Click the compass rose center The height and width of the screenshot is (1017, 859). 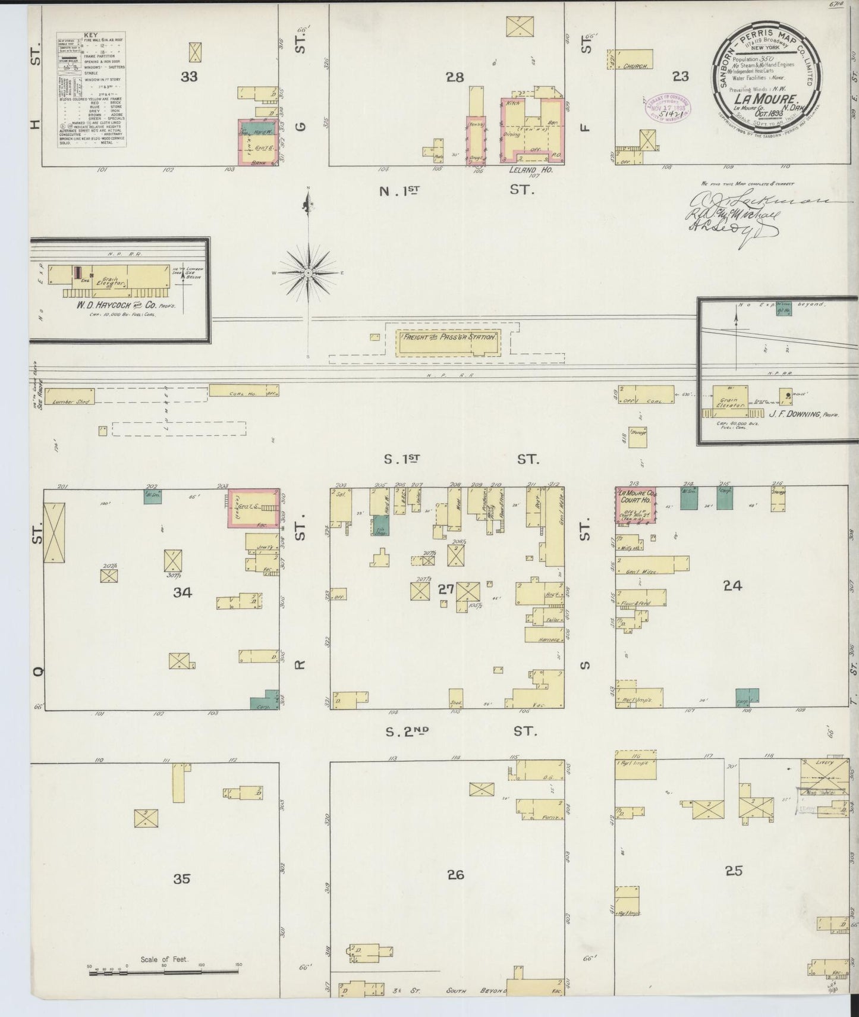pyautogui.click(x=309, y=272)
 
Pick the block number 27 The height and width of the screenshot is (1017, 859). pyautogui.click(x=446, y=589)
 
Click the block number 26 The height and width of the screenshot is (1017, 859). pyautogui.click(x=455, y=875)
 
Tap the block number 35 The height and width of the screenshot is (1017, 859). pyautogui.click(x=181, y=878)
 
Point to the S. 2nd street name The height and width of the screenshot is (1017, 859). pyautogui.click(x=408, y=731)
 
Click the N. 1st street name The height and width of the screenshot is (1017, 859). pyautogui.click(x=399, y=190)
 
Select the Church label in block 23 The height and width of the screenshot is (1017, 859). pyautogui.click(x=635, y=67)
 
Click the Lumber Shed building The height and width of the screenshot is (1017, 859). pyautogui.click(x=70, y=397)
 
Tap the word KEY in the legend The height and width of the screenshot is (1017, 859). pyautogui.click(x=90, y=36)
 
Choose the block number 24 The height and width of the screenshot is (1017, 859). pyautogui.click(x=732, y=586)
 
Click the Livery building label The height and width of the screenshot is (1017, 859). pyautogui.click(x=825, y=762)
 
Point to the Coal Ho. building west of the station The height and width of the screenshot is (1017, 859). pyautogui.click(x=243, y=391)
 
